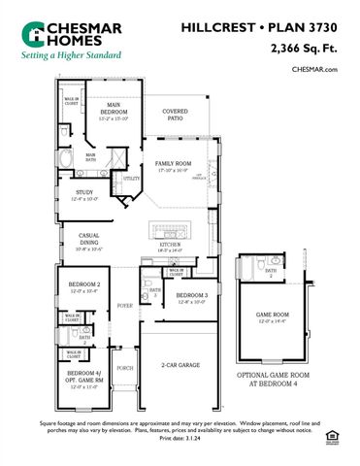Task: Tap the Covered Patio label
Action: click(x=176, y=115)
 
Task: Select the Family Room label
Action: click(x=173, y=168)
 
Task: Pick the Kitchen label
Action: click(x=170, y=247)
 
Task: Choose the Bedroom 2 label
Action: click(x=84, y=286)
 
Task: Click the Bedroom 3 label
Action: click(x=192, y=298)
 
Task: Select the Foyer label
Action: click(x=125, y=305)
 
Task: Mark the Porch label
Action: click(x=125, y=368)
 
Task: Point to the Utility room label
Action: click(x=131, y=179)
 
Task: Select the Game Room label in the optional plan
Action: click(x=274, y=317)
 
